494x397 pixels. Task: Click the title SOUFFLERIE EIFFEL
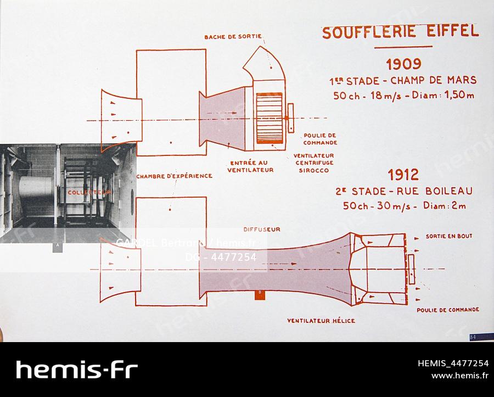click(400, 32)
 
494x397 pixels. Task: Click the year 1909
click(403, 64)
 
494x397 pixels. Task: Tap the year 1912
click(403, 175)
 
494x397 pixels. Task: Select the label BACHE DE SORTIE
click(233, 37)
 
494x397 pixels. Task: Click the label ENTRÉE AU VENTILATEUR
click(251, 166)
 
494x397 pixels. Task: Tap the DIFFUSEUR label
click(261, 230)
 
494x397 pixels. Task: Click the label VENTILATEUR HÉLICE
click(321, 320)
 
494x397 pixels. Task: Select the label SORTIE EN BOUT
click(448, 236)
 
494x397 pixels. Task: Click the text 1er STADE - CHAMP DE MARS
click(403, 80)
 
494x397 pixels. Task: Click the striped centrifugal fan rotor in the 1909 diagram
click(269, 116)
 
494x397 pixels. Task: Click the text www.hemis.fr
click(459, 376)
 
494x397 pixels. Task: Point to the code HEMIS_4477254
click(453, 363)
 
